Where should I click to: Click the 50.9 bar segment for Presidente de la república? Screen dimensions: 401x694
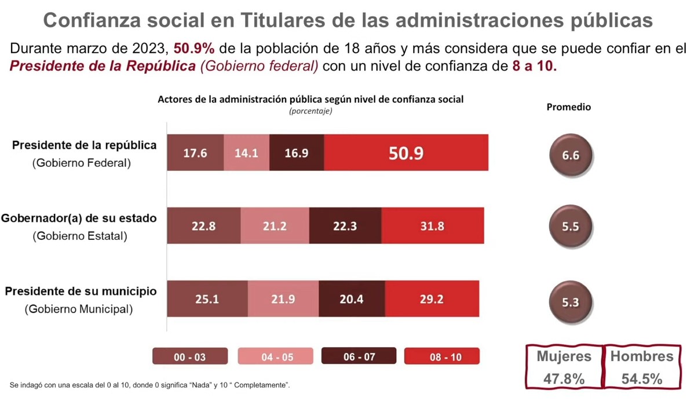tap(406, 153)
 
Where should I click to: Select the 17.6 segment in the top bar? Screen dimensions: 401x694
tap(195, 153)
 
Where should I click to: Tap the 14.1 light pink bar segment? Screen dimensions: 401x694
tap(246, 153)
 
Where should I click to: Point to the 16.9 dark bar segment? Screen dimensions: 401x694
tap(297, 153)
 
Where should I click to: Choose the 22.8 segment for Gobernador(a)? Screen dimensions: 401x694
tap(203, 226)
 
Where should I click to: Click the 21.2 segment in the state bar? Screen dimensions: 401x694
tap(275, 226)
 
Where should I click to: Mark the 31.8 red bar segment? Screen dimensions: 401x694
tap(432, 226)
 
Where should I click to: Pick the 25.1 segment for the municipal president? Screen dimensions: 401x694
tap(207, 299)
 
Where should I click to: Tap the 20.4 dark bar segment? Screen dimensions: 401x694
tap(352, 299)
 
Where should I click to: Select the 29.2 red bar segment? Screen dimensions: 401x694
tap(432, 299)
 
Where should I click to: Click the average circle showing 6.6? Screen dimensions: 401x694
tap(570, 155)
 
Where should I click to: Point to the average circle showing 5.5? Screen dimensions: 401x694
tap(570, 227)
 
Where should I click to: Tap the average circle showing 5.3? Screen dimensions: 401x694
tap(570, 302)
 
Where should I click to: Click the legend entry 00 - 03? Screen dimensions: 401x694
tap(189, 356)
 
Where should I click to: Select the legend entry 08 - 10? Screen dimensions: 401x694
tap(442, 356)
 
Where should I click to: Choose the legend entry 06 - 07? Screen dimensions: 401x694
tap(359, 356)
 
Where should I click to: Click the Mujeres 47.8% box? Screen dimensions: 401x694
tap(564, 367)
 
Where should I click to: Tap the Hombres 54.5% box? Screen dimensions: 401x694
tap(642, 367)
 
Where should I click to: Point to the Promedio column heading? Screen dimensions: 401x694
tap(568, 107)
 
